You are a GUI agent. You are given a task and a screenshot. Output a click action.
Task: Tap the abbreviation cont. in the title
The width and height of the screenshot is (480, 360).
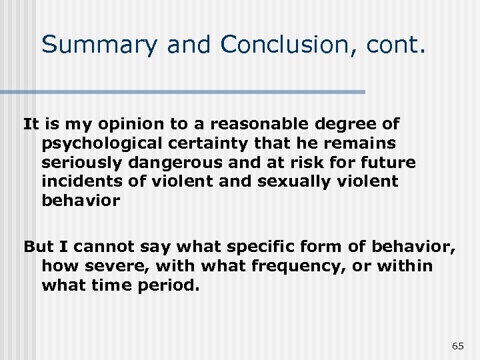(399, 45)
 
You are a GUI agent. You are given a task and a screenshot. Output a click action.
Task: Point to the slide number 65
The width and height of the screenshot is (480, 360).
(457, 346)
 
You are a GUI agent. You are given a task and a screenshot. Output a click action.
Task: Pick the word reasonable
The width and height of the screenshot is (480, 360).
(250, 124)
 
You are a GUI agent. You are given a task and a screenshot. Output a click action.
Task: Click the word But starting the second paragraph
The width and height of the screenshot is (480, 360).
(37, 247)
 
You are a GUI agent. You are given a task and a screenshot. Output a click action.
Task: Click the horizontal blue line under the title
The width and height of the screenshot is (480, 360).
(183, 91)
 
